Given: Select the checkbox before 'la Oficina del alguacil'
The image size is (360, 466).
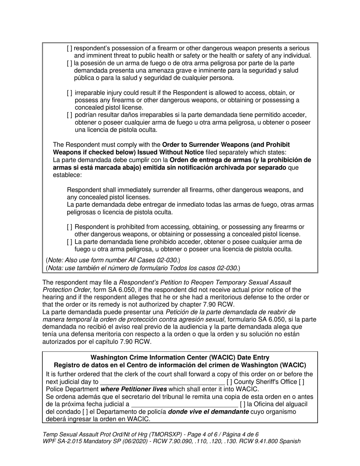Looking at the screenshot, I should click(x=242, y=404).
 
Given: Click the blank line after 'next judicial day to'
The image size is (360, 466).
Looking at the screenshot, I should click(x=162, y=382).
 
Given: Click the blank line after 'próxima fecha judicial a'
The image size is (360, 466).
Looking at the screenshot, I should click(x=184, y=404).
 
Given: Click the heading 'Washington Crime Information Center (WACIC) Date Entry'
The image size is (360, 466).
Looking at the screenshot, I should click(x=180, y=357).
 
